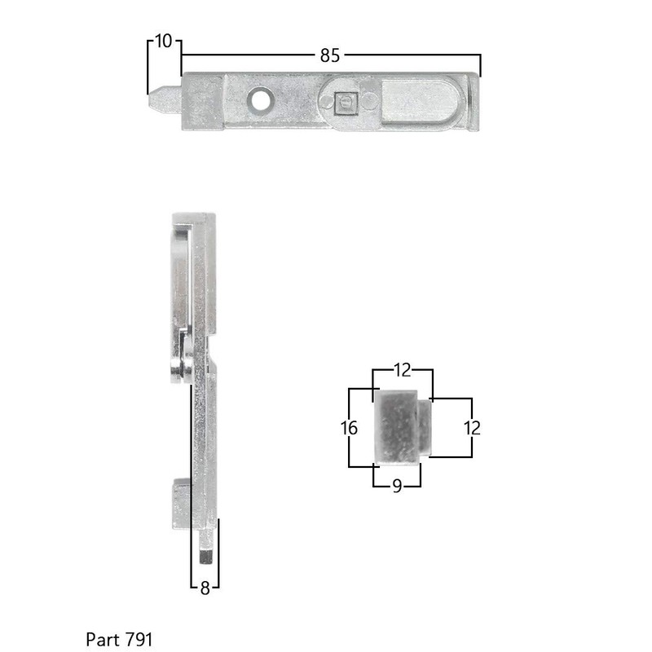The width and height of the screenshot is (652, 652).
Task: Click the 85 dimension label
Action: [x=329, y=55]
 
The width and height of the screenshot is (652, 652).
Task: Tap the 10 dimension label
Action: [x=164, y=41]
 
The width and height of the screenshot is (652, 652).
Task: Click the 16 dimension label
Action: [x=348, y=428]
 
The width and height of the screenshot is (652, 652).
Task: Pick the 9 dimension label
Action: [x=397, y=486]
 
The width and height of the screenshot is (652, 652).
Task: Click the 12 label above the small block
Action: [x=403, y=371]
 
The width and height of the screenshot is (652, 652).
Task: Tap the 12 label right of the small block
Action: [x=472, y=428]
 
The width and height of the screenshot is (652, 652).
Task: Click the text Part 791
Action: [x=119, y=638]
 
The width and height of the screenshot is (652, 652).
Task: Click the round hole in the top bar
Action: [x=261, y=100]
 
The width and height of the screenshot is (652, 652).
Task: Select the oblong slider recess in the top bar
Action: [x=420, y=102]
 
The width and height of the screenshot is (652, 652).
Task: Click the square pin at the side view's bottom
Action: [x=206, y=550]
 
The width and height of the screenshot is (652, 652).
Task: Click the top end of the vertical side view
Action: [x=193, y=218]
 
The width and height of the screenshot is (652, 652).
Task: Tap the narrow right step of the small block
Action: [x=424, y=425]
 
